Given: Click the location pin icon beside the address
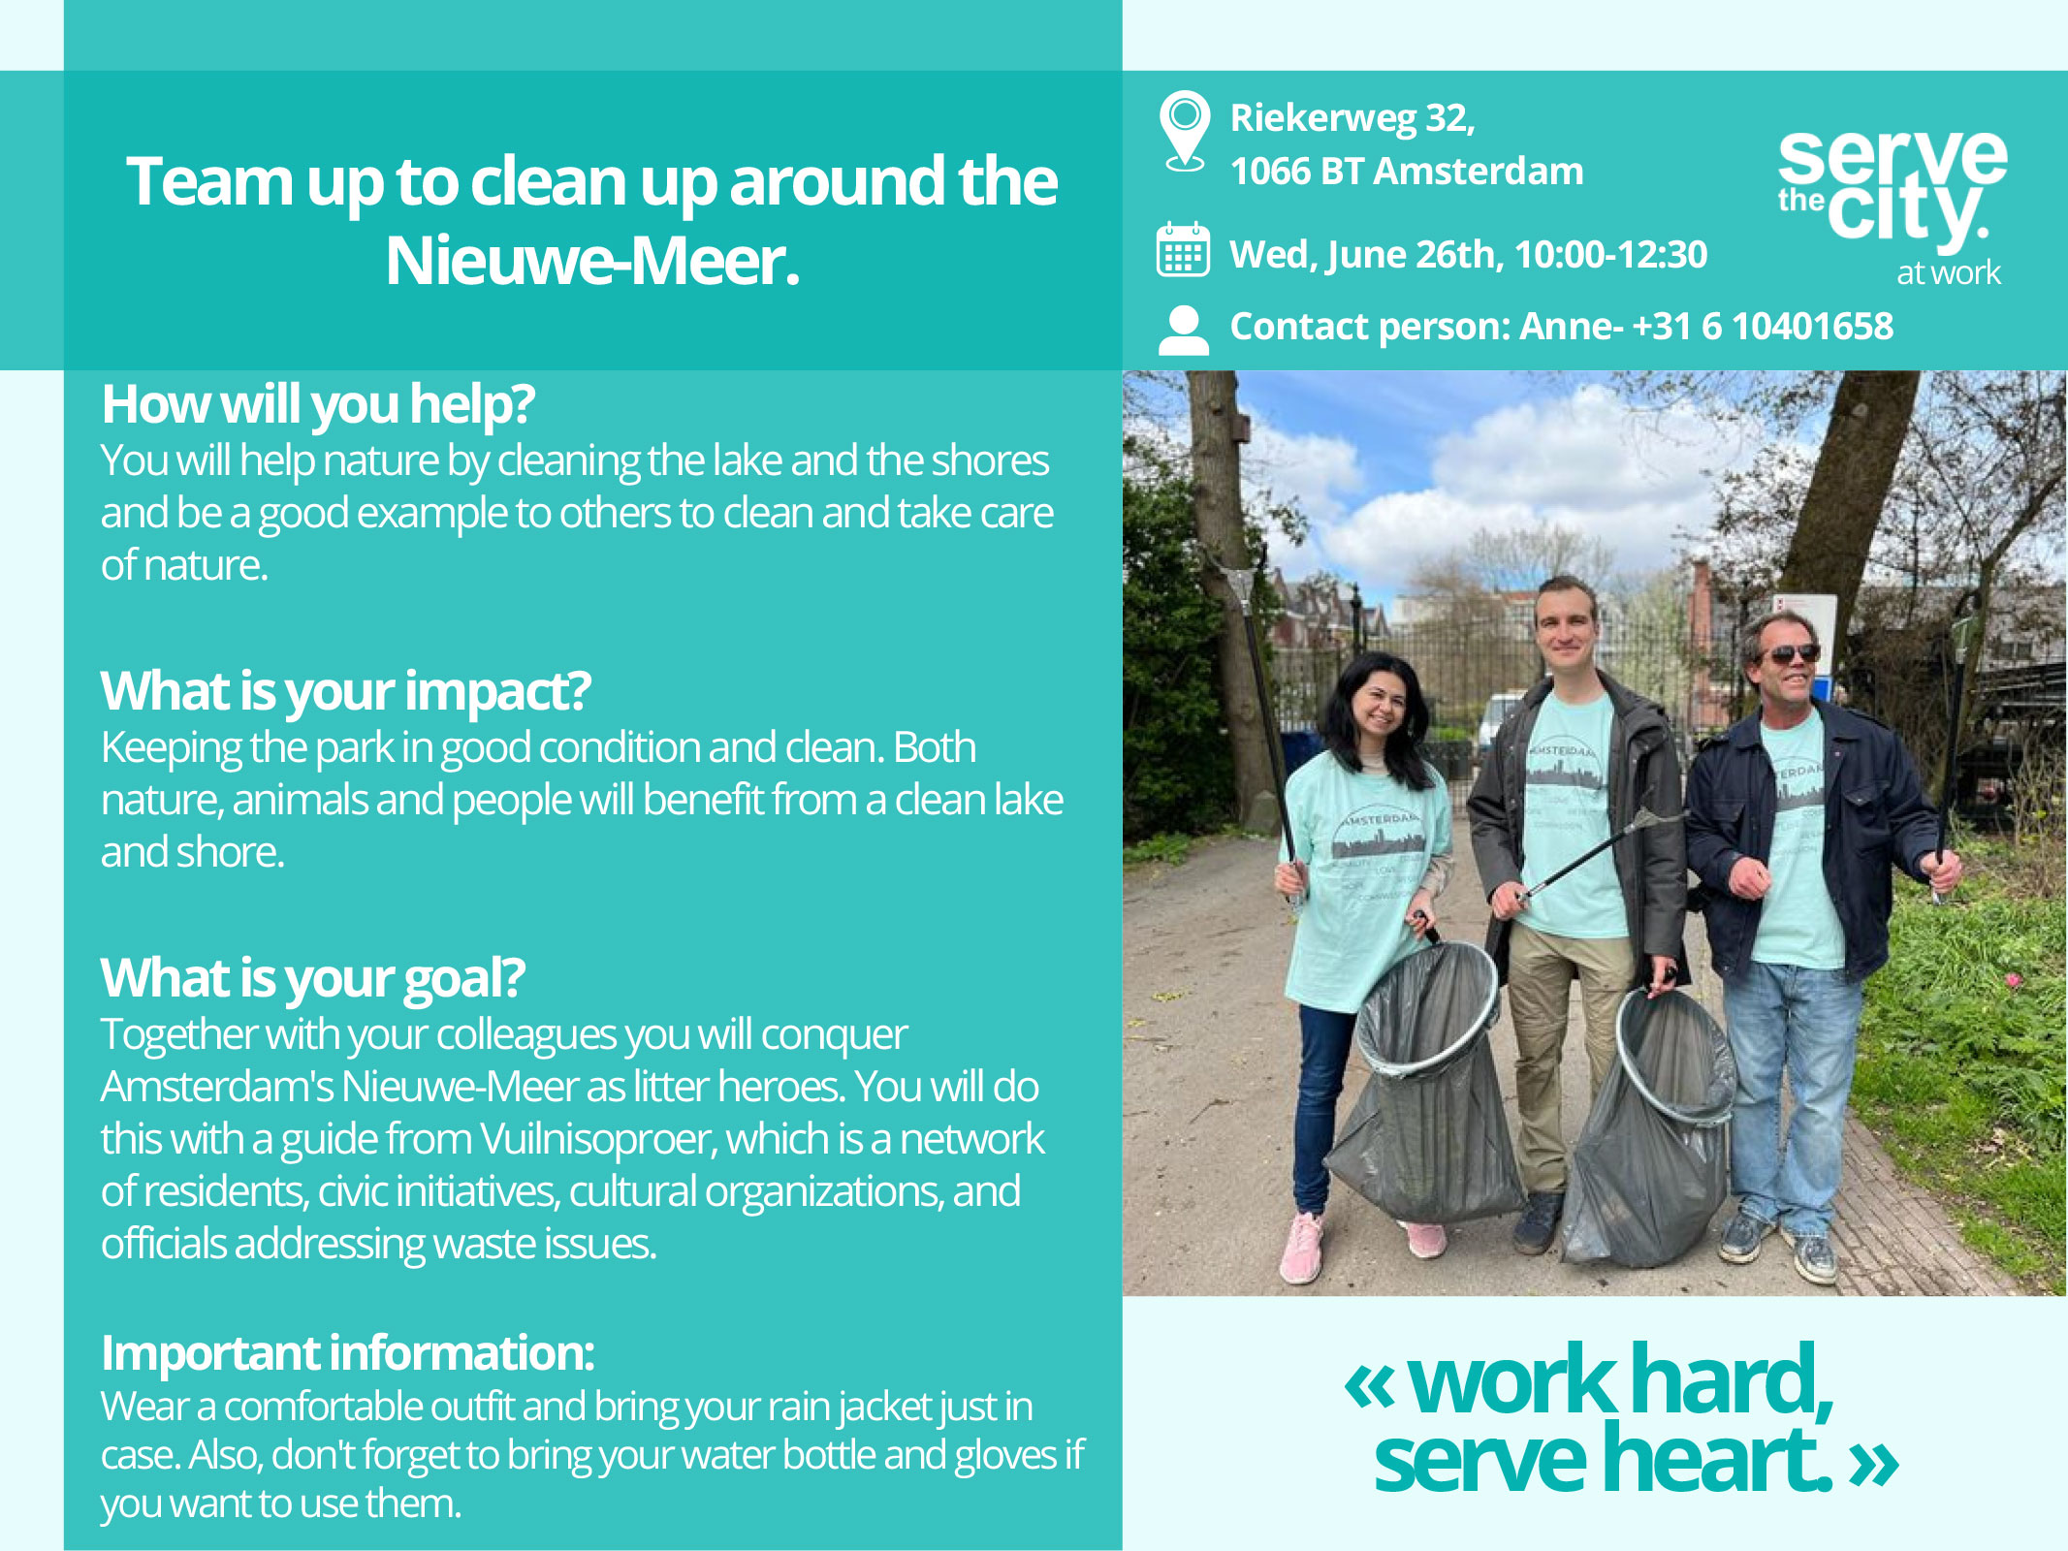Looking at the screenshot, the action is [x=1184, y=132].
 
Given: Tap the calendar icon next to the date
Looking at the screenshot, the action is [x=1183, y=250].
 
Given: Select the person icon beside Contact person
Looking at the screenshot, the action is [x=1183, y=331].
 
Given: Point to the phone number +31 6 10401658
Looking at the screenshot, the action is [x=1762, y=327].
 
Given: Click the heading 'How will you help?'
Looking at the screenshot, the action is [x=318, y=404].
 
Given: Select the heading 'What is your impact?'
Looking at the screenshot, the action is [x=345, y=690].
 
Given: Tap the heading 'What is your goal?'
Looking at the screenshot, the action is [x=312, y=977].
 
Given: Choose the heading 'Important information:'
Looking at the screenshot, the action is [x=347, y=1352].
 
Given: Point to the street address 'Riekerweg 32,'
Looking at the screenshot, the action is [x=1352, y=118].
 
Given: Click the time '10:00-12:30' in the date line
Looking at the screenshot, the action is [x=1610, y=255].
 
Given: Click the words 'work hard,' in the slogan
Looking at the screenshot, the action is [x=1619, y=1379].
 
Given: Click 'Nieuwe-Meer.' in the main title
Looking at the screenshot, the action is [x=592, y=261].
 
